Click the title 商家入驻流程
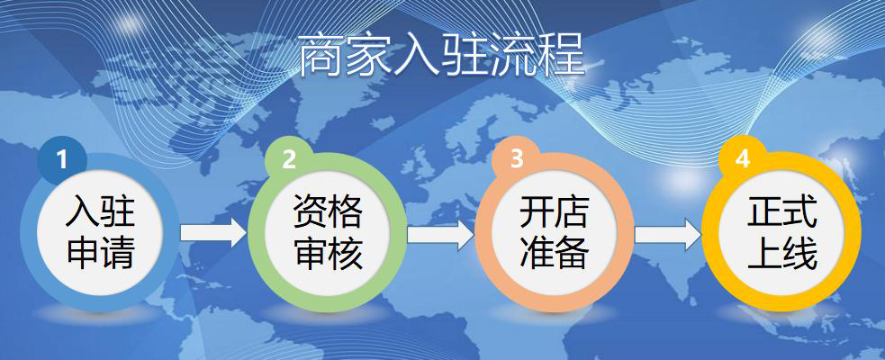441,55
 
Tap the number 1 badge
61,159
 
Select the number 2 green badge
289,159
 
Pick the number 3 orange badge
517,159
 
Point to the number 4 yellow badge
743,159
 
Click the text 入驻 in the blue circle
101,211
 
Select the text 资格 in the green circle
328,211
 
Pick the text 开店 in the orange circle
555,211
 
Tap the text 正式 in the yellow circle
782,211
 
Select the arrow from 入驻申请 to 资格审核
214,232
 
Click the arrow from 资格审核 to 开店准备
441,232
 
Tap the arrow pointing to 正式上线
668,232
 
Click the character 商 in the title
320,55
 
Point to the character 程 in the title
562,55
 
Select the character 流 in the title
512,55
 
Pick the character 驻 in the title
465,55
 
